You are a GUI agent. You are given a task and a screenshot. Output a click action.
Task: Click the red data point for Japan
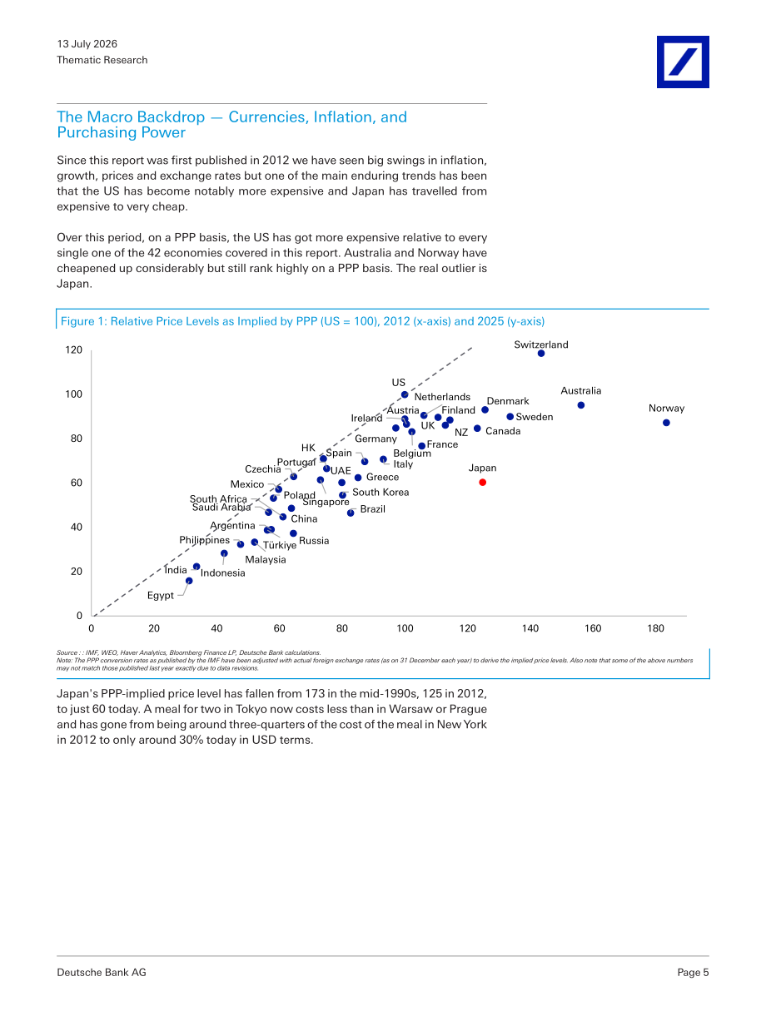point(482,483)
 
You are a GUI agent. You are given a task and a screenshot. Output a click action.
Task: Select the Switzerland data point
point(540,354)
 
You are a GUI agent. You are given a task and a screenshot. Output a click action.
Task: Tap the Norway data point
point(666,423)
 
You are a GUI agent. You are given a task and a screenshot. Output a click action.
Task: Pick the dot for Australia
point(581,405)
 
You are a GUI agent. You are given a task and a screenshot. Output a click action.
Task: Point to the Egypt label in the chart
point(160,596)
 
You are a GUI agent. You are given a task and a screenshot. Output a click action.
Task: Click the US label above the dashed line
point(398,382)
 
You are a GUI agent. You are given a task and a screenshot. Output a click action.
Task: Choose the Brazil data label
point(372,509)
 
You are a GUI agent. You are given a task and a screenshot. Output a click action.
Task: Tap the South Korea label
point(381,492)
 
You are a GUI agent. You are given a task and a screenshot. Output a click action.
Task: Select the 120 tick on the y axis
point(73,349)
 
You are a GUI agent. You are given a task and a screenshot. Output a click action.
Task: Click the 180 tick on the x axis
point(655,628)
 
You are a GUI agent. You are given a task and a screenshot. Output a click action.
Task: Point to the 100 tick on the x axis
point(405,628)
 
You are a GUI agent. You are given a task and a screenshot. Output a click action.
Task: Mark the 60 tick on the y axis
point(77,483)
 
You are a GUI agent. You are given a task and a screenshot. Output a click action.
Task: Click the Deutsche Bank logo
point(683,62)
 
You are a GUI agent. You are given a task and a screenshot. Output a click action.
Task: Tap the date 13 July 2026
point(87,44)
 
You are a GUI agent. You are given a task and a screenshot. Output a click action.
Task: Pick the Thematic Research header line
point(102,60)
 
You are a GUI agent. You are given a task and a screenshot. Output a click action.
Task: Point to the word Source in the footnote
point(65,652)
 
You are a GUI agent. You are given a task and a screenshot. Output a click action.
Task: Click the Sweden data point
point(510,417)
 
